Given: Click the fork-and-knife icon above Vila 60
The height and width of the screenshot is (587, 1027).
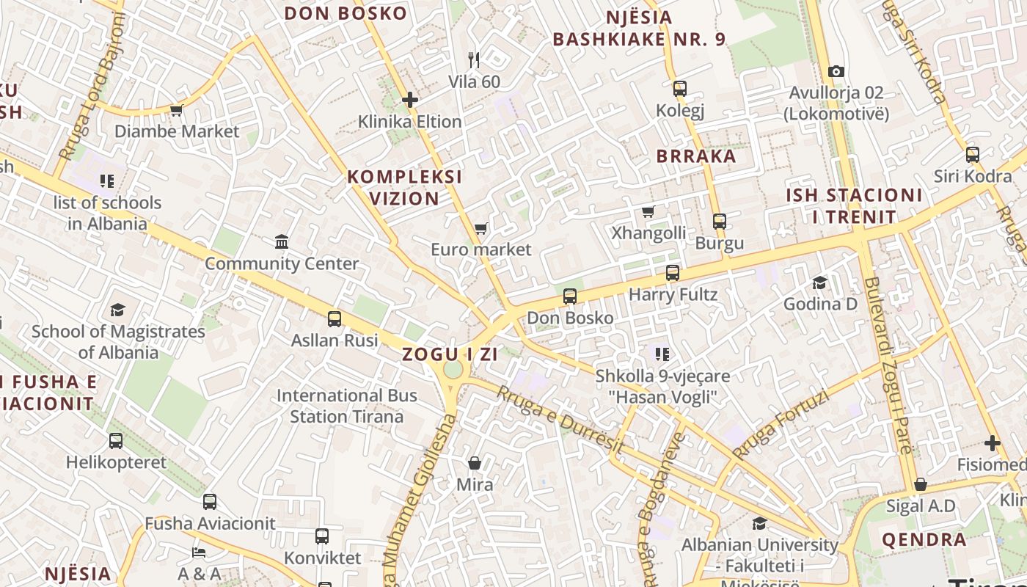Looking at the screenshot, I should pyautogui.click(x=474, y=59).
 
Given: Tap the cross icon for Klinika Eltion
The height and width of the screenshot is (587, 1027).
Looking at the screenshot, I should pyautogui.click(x=410, y=99).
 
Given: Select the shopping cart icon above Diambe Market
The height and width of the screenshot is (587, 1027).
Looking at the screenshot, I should pyautogui.click(x=176, y=110).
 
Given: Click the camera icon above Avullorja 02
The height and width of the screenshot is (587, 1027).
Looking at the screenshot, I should pyautogui.click(x=836, y=71).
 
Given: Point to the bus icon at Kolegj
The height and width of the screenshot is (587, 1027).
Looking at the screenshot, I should pyautogui.click(x=680, y=89).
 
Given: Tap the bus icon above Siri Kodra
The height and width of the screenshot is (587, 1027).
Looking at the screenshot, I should pyautogui.click(x=973, y=155).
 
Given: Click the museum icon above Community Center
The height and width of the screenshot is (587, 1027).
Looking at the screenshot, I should pyautogui.click(x=282, y=241).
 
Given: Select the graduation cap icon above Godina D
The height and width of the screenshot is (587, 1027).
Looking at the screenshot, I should pyautogui.click(x=819, y=282).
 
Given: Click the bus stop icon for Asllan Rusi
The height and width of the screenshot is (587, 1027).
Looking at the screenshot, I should pyautogui.click(x=335, y=318).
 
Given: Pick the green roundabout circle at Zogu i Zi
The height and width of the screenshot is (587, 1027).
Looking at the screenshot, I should pyautogui.click(x=453, y=369).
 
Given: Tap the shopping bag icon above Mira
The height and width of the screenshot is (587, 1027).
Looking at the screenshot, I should pyautogui.click(x=475, y=463).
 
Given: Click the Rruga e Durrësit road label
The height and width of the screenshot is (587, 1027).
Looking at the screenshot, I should pyautogui.click(x=561, y=420).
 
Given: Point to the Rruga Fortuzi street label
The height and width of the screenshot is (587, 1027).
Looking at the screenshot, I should pyautogui.click(x=781, y=425).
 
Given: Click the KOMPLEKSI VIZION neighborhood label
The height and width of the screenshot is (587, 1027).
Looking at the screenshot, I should pyautogui.click(x=404, y=187).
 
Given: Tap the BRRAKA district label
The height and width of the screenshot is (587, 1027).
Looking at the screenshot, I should pyautogui.click(x=696, y=156).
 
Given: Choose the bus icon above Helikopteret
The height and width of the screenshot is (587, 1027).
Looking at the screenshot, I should pyautogui.click(x=116, y=441).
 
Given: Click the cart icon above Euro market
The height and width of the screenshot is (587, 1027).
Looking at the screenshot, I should pyautogui.click(x=480, y=228).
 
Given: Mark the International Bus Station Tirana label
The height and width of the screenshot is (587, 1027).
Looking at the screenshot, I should pyautogui.click(x=346, y=406).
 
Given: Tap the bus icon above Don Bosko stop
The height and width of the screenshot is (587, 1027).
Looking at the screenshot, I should pyautogui.click(x=570, y=296).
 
